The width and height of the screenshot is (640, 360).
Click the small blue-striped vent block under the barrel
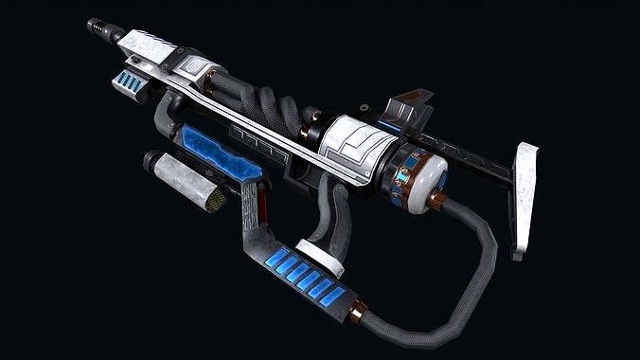click(x=131, y=82)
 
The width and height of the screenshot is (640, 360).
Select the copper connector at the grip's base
click(x=358, y=309)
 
